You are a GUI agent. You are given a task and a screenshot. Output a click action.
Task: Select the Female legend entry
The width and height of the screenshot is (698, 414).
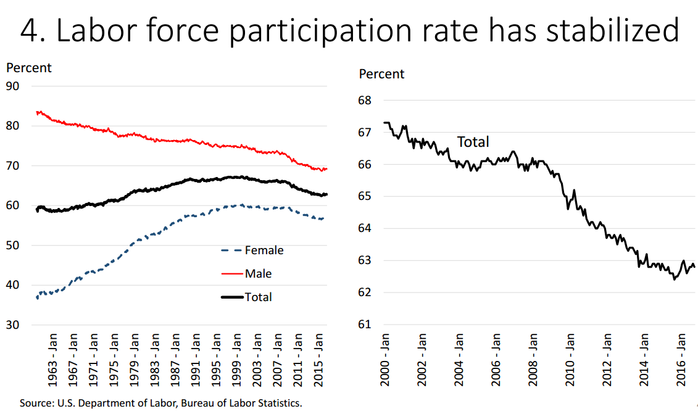pos(264,250)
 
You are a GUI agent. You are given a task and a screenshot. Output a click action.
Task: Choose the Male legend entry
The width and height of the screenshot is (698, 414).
pos(258,273)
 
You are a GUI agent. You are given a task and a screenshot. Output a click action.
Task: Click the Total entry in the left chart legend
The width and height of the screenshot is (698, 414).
pos(258,297)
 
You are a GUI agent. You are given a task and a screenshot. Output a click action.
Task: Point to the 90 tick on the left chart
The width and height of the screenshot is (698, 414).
pos(13,86)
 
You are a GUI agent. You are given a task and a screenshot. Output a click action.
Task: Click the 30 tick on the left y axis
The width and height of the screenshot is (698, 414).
pos(13,325)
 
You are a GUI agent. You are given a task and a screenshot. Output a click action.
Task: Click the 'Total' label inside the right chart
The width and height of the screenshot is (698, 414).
pos(473,142)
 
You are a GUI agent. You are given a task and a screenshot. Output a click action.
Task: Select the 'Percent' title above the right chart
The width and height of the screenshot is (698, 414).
pos(381,74)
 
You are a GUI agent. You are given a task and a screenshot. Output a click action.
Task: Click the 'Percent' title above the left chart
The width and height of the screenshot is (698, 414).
pos(29,68)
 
